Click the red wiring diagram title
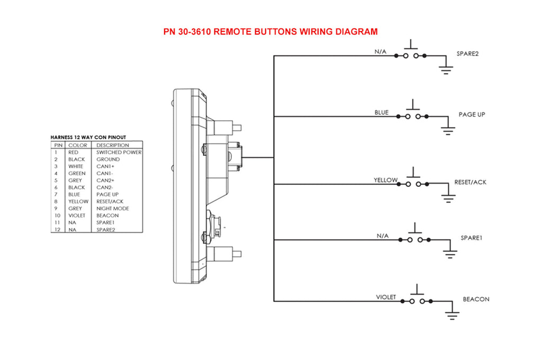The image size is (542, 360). point(270,32)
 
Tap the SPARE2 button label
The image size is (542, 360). point(467,54)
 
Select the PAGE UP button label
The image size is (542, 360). point(472,114)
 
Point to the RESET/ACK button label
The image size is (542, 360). point(470,182)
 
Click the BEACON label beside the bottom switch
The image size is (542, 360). point(476,299)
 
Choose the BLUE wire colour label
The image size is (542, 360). point(382,113)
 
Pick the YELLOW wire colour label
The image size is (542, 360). point(385,180)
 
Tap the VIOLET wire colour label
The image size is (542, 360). point(386,297)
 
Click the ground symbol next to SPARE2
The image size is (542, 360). point(446,68)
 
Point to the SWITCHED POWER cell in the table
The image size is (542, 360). point(119,152)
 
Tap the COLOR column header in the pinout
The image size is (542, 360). point(78,145)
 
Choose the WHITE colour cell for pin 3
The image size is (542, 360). point(76,166)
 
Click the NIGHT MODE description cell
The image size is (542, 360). point(113,209)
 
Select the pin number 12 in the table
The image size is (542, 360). point(58,230)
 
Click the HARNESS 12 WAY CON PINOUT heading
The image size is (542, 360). point(88,137)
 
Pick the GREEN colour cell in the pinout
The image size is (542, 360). point(77,173)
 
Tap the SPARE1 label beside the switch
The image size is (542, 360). point(471,238)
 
